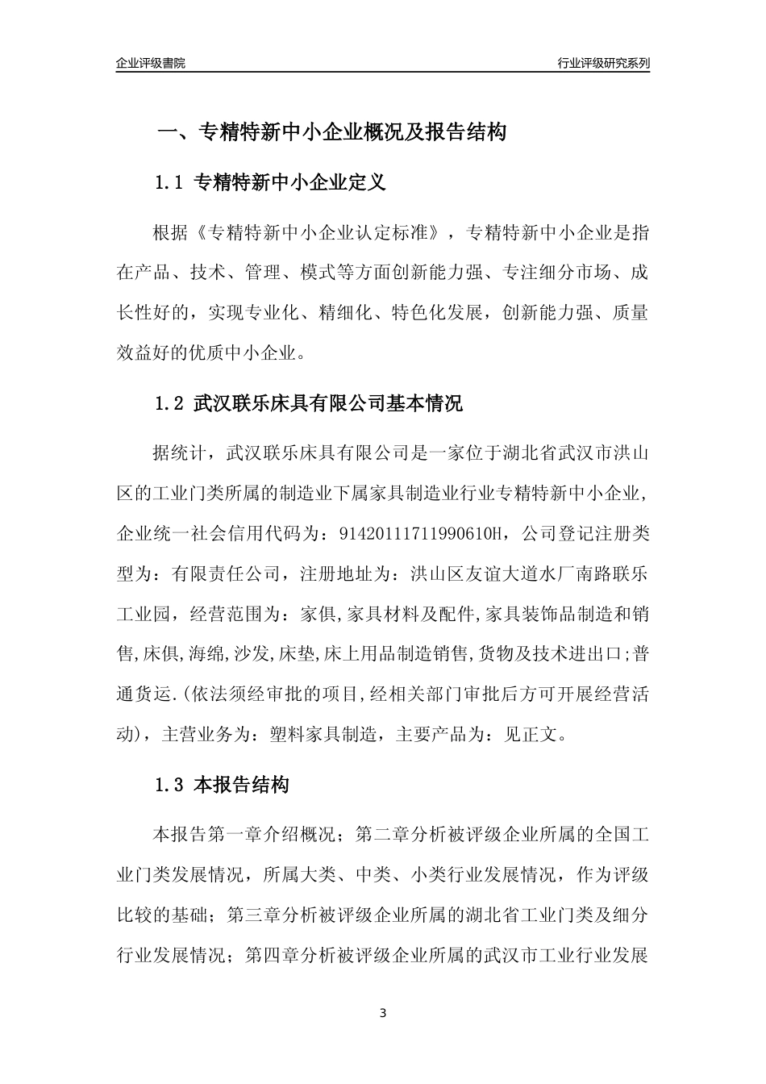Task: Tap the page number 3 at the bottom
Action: coord(383,1013)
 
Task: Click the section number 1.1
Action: coord(169,183)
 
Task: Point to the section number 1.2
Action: coord(169,403)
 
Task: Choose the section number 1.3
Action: coord(169,785)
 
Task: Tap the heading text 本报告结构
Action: coord(242,785)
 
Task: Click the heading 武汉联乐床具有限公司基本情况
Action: coord(328,403)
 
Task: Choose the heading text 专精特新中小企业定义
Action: coord(291,183)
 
